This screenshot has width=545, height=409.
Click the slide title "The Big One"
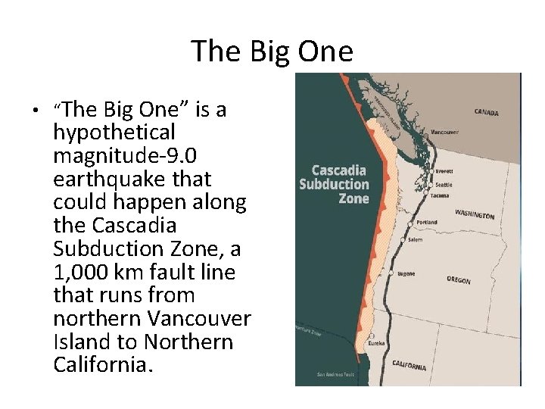(272, 52)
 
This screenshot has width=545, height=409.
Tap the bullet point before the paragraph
(35, 111)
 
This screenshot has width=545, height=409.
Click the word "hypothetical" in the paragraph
(114, 133)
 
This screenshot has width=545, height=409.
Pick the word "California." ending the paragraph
(103, 365)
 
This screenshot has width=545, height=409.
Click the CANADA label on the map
(486, 113)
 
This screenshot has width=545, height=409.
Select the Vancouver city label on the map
(444, 132)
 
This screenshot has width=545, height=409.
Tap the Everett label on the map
(444, 172)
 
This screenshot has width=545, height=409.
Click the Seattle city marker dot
(431, 184)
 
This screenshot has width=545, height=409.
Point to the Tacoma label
(439, 196)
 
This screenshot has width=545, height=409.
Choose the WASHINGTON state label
(475, 214)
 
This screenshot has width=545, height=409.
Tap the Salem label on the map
(416, 239)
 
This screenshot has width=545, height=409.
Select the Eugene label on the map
(406, 274)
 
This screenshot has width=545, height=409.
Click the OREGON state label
(458, 280)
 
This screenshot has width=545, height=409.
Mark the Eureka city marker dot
(372, 336)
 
